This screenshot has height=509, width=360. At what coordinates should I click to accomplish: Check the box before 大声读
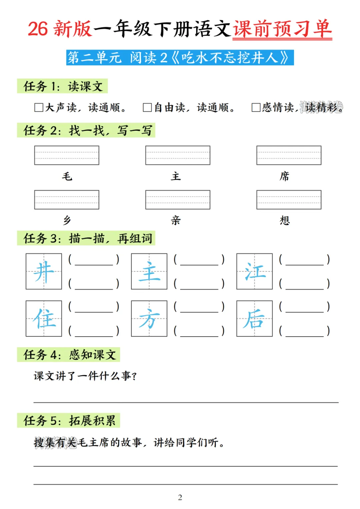39,107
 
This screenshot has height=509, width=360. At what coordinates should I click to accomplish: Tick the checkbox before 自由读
147,107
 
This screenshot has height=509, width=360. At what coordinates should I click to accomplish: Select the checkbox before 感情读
256,107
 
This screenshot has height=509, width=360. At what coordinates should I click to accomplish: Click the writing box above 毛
67,155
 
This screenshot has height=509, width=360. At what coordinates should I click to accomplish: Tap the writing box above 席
289,155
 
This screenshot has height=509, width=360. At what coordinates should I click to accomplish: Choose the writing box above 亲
178,200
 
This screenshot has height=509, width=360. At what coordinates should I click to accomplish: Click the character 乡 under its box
67,220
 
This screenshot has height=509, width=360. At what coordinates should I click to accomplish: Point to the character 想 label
285,220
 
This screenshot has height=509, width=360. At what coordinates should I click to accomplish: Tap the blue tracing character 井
44,271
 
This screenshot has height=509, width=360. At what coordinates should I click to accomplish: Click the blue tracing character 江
255,271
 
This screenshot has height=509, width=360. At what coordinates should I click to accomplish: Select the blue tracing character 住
44,319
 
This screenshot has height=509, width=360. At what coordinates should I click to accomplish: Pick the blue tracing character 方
149,319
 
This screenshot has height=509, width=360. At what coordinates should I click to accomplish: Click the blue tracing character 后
254,319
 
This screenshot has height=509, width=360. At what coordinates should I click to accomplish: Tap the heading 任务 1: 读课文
63,86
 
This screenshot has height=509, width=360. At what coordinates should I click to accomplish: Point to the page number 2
180,497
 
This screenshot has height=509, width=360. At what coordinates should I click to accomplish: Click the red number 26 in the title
38,29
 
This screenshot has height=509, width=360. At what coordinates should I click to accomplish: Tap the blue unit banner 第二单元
180,58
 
